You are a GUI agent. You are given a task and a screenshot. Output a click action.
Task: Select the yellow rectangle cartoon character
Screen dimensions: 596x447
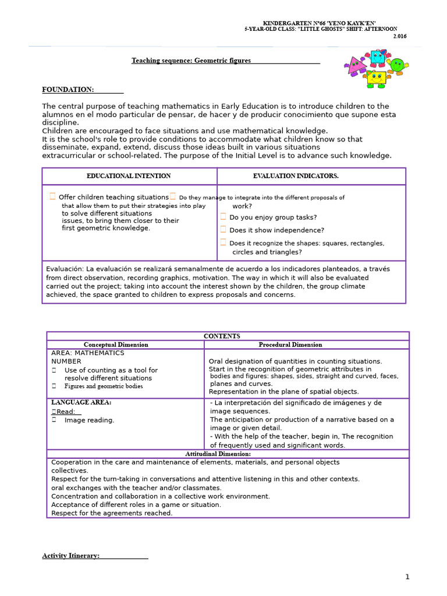point(376,78)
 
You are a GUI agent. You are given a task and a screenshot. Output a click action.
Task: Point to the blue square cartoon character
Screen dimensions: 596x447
point(377,58)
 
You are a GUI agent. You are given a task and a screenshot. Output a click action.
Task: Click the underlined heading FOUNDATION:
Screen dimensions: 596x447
point(68,90)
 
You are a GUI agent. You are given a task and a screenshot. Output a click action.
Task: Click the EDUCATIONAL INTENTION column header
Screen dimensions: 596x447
point(129,176)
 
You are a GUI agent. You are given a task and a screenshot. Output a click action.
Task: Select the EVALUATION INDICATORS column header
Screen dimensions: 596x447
point(296,176)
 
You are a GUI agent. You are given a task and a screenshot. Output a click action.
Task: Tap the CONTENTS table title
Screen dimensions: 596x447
point(222,336)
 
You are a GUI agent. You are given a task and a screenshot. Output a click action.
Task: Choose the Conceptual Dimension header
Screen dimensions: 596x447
point(116,345)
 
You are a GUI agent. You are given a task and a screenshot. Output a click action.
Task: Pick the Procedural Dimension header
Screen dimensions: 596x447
point(290,345)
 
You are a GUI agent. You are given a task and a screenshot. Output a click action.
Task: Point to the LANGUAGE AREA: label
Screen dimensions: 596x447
point(81,402)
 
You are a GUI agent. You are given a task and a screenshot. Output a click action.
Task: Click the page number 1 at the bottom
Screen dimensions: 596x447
point(407,577)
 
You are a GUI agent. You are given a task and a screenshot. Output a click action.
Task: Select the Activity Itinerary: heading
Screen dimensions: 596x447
point(71,556)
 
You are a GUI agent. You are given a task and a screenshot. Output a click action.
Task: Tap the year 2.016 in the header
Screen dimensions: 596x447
point(400,36)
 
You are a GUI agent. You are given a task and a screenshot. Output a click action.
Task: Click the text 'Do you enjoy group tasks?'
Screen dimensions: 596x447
point(273,217)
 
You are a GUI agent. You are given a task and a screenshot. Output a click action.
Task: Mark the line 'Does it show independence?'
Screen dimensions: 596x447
point(276,230)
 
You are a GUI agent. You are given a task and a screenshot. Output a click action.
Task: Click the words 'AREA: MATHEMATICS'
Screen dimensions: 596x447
point(88,353)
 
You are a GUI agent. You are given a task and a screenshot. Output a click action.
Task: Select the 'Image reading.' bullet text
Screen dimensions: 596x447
point(89,420)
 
